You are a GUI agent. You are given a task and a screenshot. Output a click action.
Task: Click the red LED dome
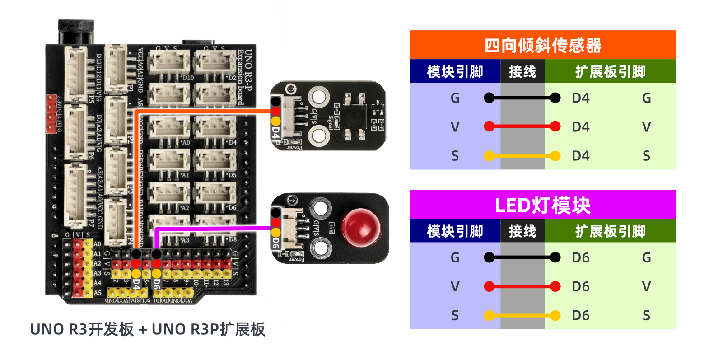pyautogui.click(x=360, y=227)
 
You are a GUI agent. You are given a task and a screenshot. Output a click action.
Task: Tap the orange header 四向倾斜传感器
pyautogui.click(x=542, y=45)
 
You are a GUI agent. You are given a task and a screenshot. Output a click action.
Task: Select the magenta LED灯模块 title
pyautogui.click(x=542, y=205)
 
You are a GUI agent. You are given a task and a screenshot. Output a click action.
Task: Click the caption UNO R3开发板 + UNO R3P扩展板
pyautogui.click(x=147, y=329)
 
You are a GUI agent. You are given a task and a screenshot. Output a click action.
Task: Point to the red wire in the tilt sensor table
pyautogui.click(x=522, y=126)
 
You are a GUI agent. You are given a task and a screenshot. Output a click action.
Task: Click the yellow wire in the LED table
pyautogui.click(x=522, y=315)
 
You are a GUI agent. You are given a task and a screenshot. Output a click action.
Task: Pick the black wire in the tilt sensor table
pyautogui.click(x=522, y=98)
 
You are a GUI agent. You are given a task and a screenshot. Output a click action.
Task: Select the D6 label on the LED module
pyautogui.click(x=275, y=242)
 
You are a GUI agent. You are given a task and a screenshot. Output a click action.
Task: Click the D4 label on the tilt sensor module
pyautogui.click(x=275, y=132)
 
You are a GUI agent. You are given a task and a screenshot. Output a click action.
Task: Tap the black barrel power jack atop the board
pyautogui.click(x=76, y=32)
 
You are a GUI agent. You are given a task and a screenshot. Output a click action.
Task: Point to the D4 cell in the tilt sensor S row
pyautogui.click(x=581, y=156)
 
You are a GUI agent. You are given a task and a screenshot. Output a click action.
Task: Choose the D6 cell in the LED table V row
pyautogui.click(x=581, y=286)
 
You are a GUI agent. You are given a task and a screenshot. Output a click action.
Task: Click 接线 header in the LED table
pyautogui.click(x=522, y=231)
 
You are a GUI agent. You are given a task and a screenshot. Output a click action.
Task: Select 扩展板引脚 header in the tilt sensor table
pyautogui.click(x=610, y=71)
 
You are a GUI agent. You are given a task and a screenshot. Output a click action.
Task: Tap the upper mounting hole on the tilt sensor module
pyautogui.click(x=318, y=96)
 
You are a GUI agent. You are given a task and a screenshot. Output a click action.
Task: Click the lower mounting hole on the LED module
pyautogui.click(x=320, y=247)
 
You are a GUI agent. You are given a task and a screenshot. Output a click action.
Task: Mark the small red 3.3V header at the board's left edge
pyautogui.click(x=51, y=114)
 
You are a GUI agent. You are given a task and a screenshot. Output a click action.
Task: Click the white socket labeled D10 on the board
pyautogui.click(x=169, y=63)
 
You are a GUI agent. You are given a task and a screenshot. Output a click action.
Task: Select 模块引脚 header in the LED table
pyautogui.click(x=455, y=231)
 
